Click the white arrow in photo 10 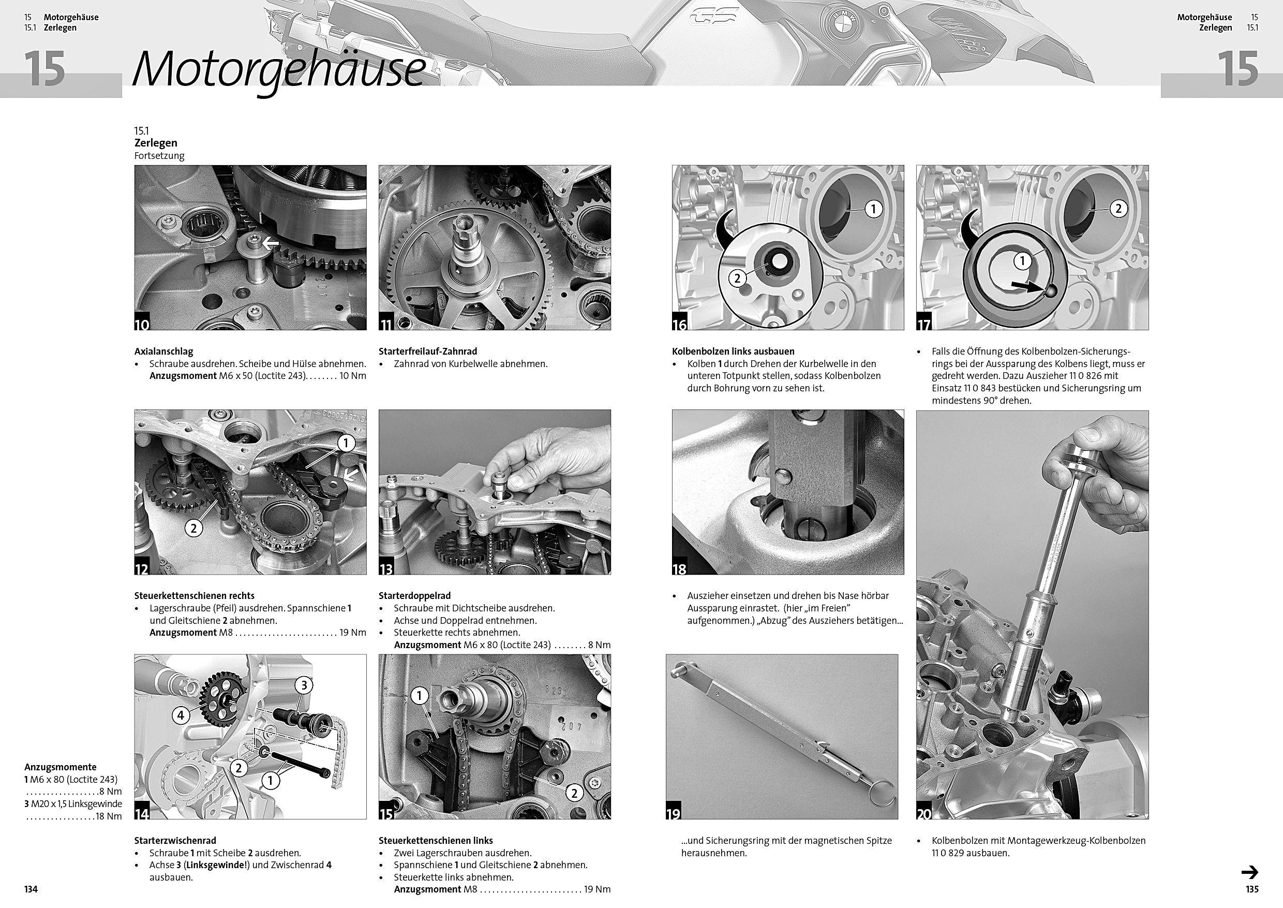[271, 243]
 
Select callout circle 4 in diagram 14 [181, 714]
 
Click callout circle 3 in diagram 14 [304, 685]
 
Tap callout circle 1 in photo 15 [419, 696]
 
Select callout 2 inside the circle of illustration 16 [737, 278]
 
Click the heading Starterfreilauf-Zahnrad [427, 352]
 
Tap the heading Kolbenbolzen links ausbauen [733, 352]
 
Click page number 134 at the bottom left [31, 889]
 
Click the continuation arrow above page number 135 [1249, 872]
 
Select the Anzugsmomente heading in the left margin [61, 767]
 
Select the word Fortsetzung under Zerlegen [159, 156]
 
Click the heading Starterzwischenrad [175, 840]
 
